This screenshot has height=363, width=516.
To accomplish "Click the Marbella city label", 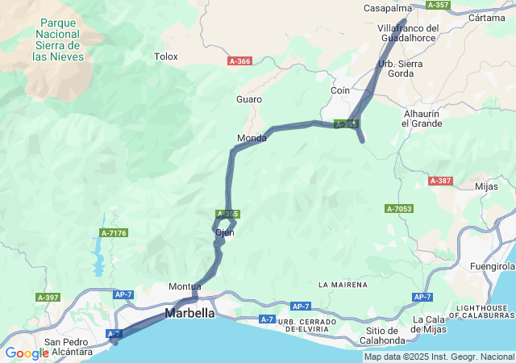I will click(190, 313).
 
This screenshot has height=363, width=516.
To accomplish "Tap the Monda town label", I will click(252, 139).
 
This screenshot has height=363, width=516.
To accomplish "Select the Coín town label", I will click(340, 91).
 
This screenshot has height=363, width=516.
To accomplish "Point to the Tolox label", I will click(165, 56).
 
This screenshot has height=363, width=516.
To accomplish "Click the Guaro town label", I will click(249, 99).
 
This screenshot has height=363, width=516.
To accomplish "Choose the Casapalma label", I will click(388, 8).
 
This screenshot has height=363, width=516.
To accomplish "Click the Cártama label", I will click(486, 17).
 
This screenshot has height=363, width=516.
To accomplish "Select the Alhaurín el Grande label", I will click(422, 119).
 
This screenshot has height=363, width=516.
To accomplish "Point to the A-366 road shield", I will click(239, 61).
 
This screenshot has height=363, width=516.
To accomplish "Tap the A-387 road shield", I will click(441, 181).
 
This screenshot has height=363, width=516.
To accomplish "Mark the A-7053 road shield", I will click(398, 209).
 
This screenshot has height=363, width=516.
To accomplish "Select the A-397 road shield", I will click(48, 298).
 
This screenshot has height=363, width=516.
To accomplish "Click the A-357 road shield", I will click(438, 5).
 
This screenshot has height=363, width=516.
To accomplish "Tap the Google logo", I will click(27, 353).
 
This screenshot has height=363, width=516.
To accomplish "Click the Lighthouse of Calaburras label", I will click(482, 313).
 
